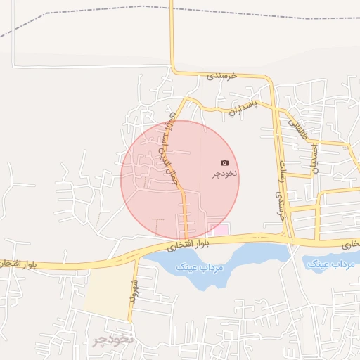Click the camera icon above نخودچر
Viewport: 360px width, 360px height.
pyautogui.click(x=224, y=162)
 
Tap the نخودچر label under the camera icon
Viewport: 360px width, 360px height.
pyautogui.click(x=224, y=173)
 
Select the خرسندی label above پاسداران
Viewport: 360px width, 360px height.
pyautogui.click(x=224, y=75)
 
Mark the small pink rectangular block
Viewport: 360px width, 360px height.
pyautogui.click(x=219, y=230)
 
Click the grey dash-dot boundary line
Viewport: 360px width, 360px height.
pyautogui.click(x=211, y=9)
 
